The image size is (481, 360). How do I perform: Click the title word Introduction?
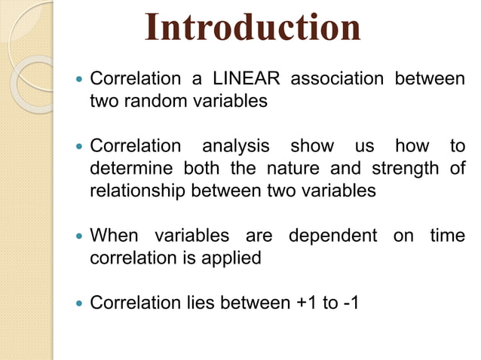click(x=253, y=28)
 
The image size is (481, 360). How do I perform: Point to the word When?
click(x=115, y=236)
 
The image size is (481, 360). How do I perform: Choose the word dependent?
click(x=332, y=236)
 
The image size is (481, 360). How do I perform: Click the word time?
click(x=447, y=236)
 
